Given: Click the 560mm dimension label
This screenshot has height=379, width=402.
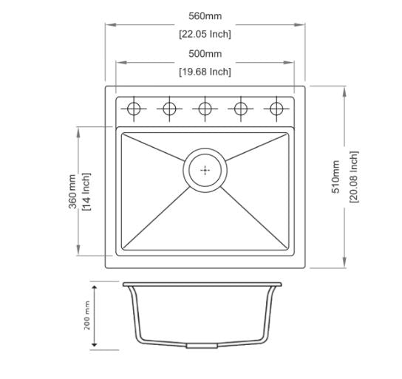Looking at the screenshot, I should click(205, 16).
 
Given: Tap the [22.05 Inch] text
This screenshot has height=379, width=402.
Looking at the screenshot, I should click(205, 34).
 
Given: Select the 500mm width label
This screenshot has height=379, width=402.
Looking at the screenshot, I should click(205, 53).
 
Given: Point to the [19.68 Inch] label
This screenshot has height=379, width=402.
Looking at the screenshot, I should click(205, 72).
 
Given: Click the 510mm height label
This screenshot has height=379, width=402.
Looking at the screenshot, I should click(336, 177).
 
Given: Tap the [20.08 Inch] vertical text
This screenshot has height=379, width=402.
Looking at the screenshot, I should click(354, 177).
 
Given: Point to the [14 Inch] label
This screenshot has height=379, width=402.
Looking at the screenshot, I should click(86, 191).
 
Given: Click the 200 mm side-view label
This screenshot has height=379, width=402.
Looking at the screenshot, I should click(87, 315).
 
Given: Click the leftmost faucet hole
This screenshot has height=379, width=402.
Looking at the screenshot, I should click(134, 109).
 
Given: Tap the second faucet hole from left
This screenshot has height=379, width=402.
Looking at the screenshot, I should click(169, 109).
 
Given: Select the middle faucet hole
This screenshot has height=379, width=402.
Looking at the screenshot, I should click(205, 109).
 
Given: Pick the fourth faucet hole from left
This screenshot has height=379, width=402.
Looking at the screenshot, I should click(240, 109).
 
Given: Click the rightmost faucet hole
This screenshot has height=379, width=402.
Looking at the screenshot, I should click(276, 109).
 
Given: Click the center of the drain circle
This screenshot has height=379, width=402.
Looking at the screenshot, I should click(205, 169).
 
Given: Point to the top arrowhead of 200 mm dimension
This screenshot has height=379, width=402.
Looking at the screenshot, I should click(95, 284).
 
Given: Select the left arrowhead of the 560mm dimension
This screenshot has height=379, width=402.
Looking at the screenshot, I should click(108, 25).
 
